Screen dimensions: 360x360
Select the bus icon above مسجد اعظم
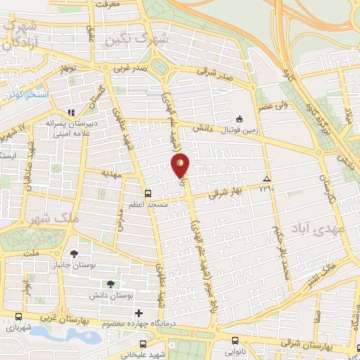[x=147, y=193]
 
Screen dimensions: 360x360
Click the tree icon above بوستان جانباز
[x=75, y=253]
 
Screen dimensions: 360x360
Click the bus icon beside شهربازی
[x=18, y=317]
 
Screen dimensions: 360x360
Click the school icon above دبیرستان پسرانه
[x=70, y=112]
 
